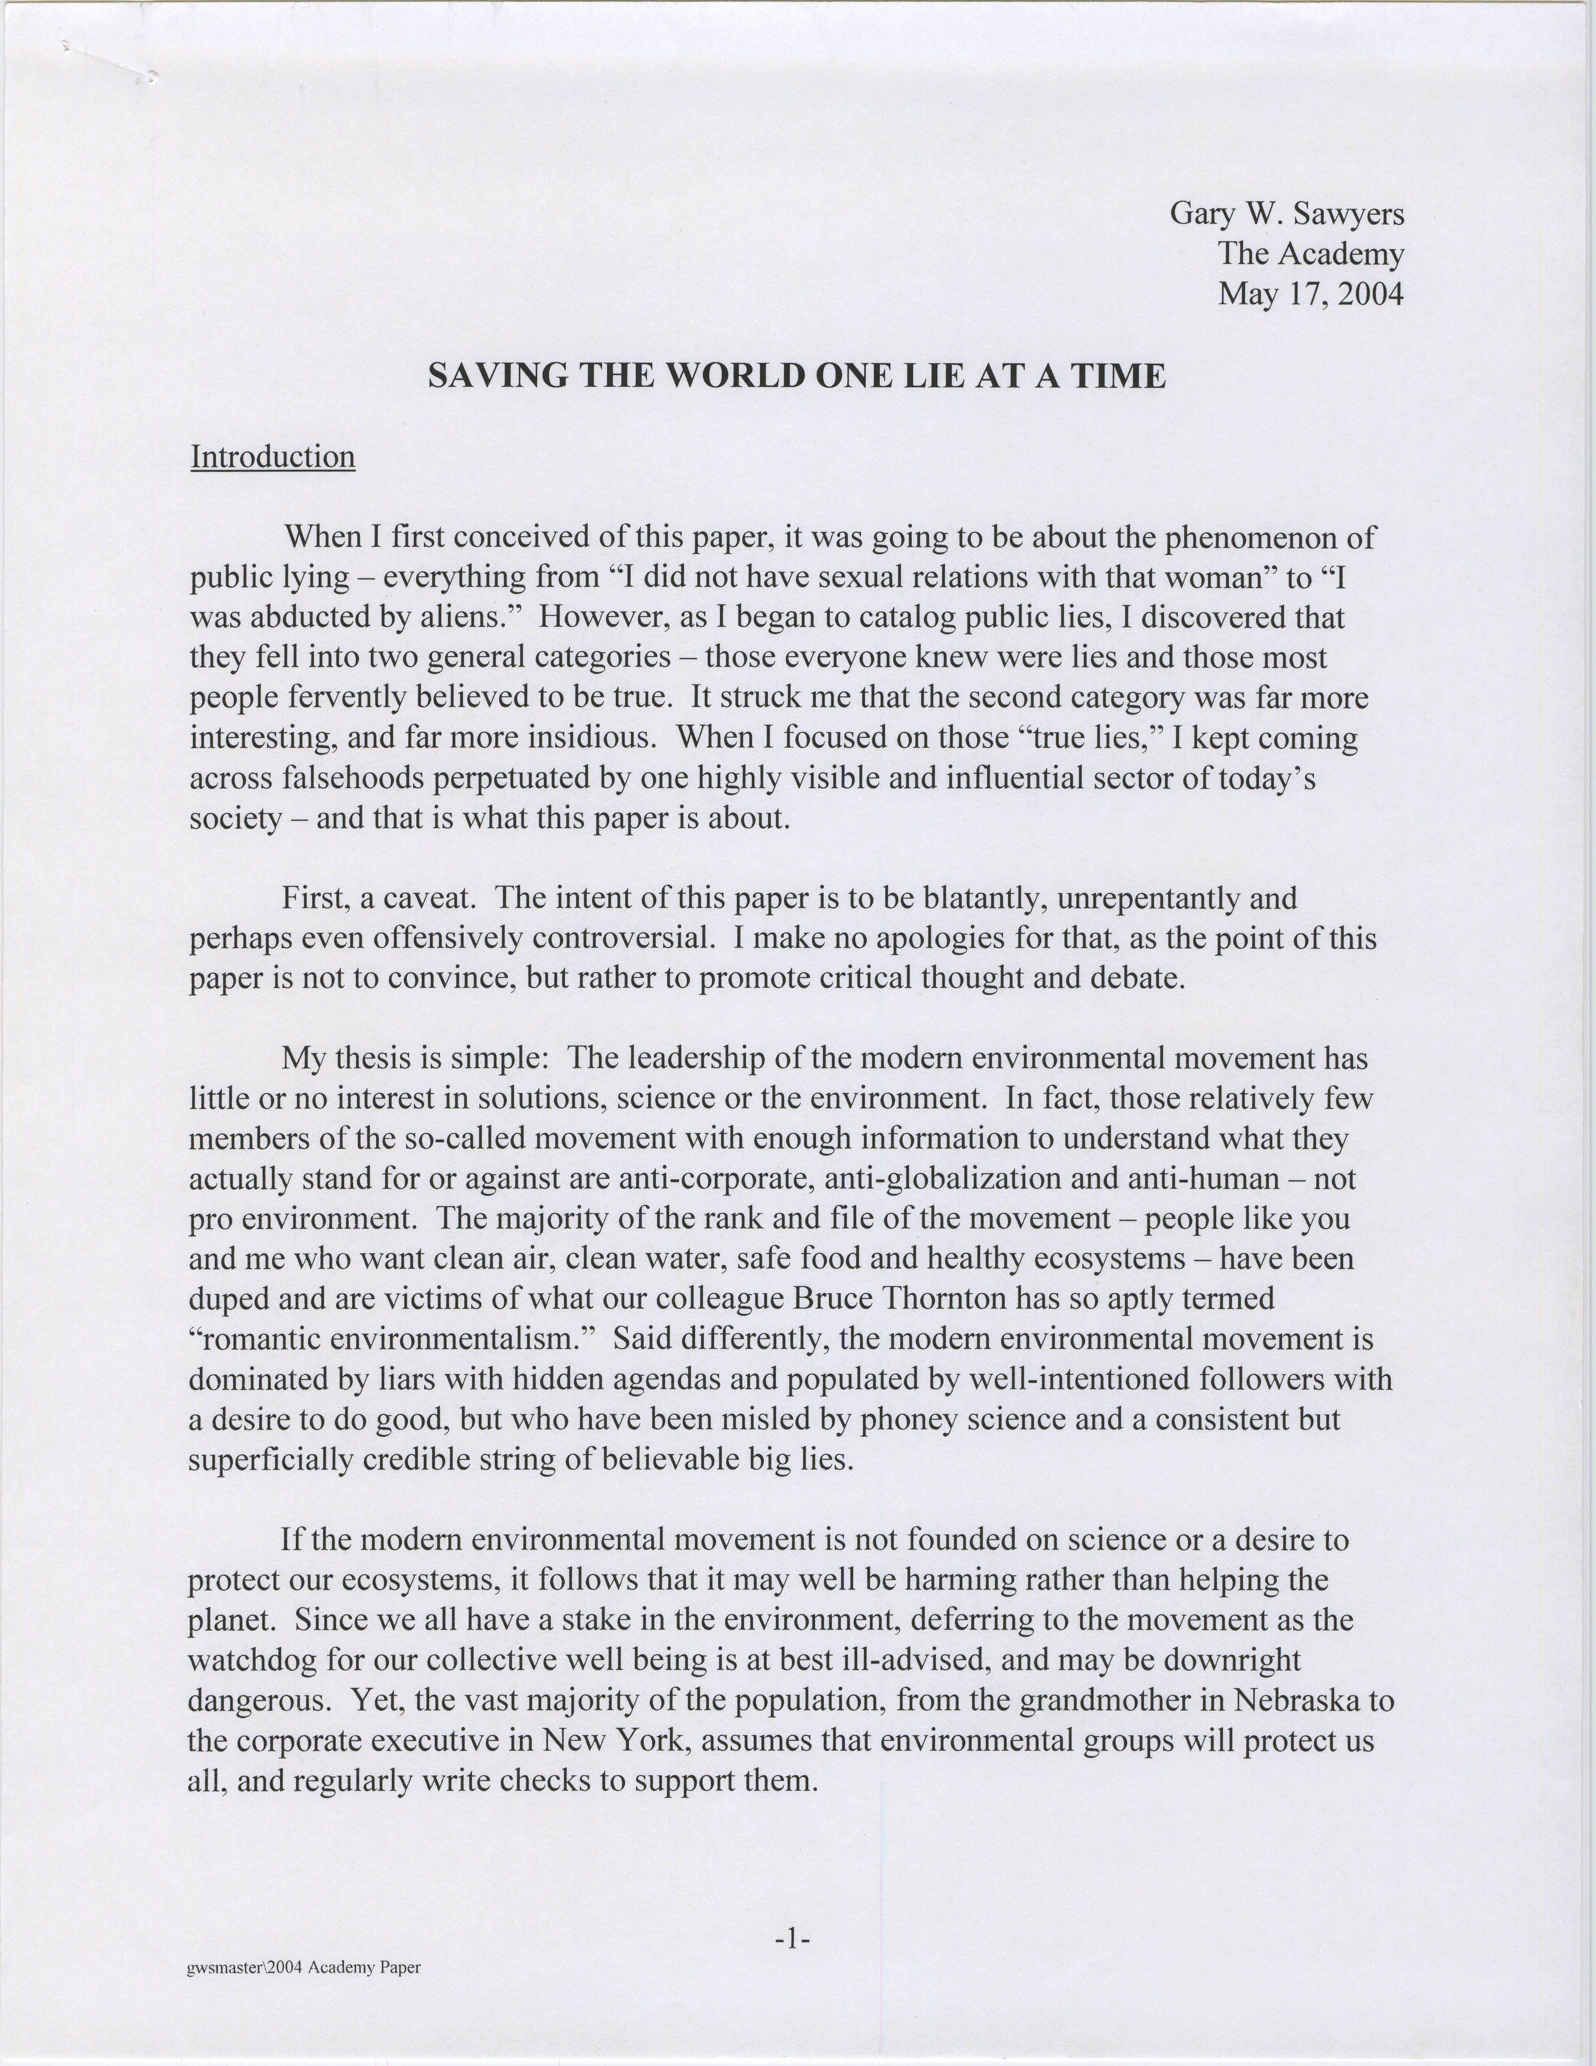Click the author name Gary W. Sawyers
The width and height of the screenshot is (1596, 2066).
tap(1287, 214)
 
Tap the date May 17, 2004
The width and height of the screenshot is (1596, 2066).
tap(1310, 294)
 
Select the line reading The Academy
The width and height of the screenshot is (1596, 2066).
tap(1310, 253)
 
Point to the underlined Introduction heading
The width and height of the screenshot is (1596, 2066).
tap(272, 457)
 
